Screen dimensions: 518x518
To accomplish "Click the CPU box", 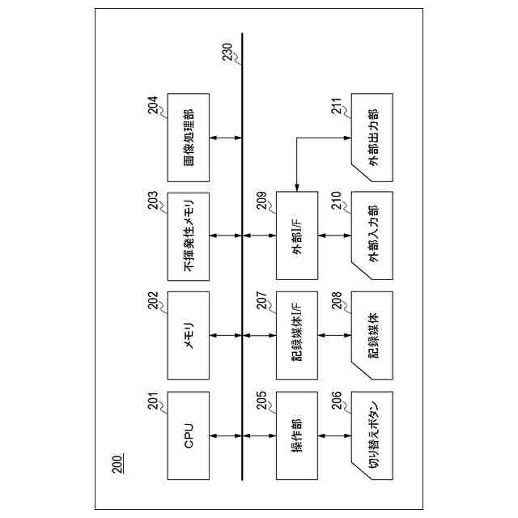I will (188, 435).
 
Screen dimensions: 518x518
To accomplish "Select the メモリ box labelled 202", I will (188, 334).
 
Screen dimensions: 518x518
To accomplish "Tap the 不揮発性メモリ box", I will (188, 236).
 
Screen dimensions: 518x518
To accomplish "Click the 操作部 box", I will (297, 435).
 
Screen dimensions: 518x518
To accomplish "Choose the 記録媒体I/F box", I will (297, 334).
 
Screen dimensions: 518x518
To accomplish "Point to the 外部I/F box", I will (297, 236).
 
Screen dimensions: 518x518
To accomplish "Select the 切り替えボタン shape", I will (372, 435).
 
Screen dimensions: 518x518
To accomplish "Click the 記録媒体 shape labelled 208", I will (372, 334).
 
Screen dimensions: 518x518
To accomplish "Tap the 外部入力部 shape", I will (372, 236).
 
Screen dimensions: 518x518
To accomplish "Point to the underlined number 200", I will (118, 464).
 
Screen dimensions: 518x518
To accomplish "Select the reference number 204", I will (154, 107).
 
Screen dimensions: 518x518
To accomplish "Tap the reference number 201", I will (154, 402).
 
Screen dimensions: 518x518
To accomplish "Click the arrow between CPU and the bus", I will (226, 435).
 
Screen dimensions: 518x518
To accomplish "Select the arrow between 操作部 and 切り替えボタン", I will (335, 435).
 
